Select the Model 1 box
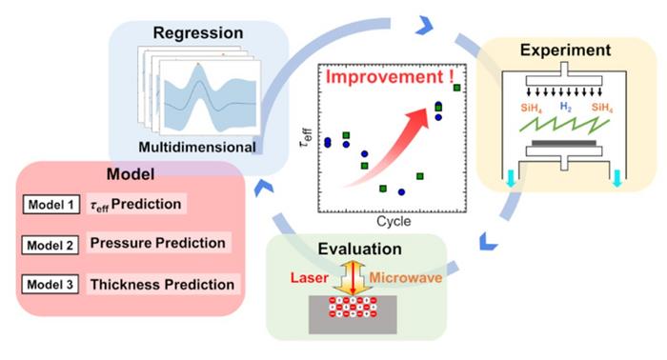(51, 204)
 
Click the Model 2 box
(51, 244)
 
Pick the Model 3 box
(51, 284)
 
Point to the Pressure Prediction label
(157, 244)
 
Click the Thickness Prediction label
(161, 284)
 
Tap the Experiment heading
(564, 50)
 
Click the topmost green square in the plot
(457, 89)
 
